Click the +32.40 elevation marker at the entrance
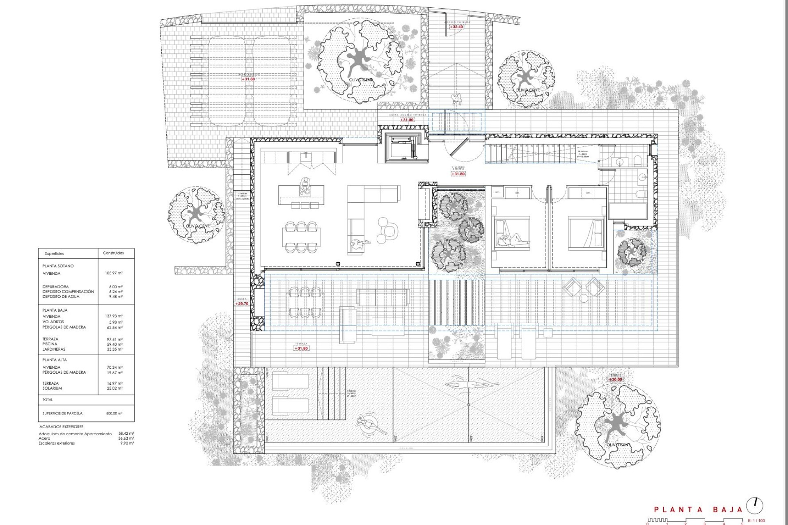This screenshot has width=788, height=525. coord(456,27)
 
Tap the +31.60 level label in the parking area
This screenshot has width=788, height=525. coord(248,79)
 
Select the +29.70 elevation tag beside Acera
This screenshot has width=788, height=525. coord(243,304)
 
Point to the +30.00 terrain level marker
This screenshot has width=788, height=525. coord(615,379)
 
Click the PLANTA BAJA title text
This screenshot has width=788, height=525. coord(698,510)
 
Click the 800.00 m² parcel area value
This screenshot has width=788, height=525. coord(114,413)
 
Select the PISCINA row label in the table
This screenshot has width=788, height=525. coord(50,344)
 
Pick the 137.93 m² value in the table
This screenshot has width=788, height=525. coord(114,316)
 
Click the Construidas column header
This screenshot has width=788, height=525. coord(113,253)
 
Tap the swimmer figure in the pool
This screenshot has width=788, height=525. coord(472,385)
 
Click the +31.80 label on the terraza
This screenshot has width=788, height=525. coord(301,348)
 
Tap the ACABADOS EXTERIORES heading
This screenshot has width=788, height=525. coord(61,427)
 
